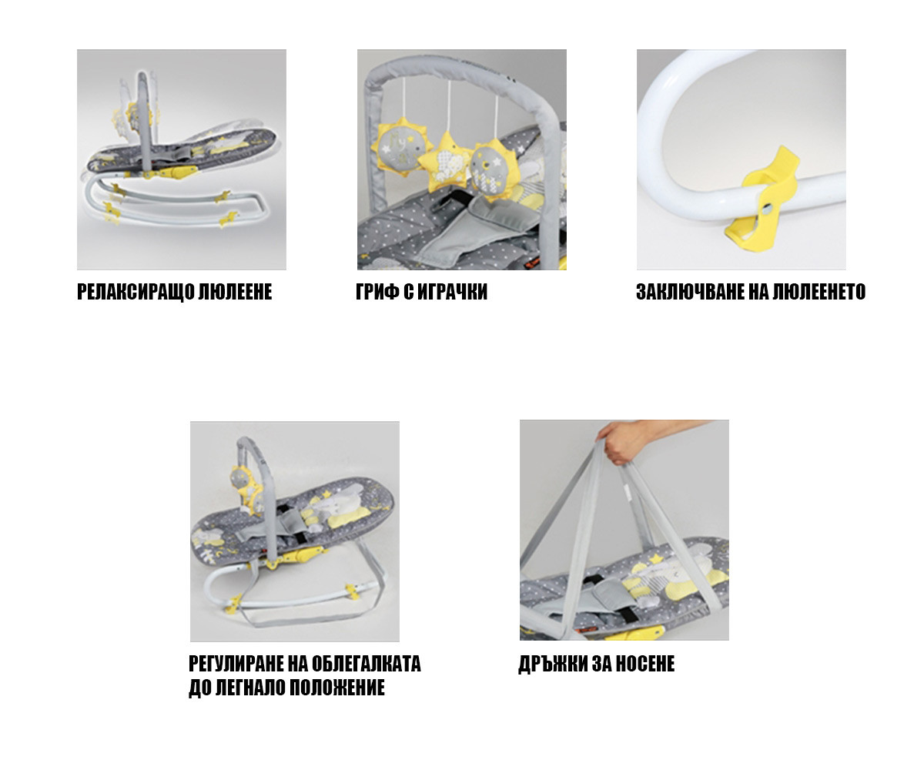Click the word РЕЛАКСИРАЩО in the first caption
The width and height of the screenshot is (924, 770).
tap(135, 292)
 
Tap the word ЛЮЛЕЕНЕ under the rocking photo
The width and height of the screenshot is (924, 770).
tap(235, 292)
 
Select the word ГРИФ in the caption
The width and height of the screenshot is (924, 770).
tap(377, 292)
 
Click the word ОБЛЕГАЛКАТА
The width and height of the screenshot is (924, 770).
tap(366, 665)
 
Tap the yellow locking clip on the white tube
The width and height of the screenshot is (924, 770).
tap(762, 200)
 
